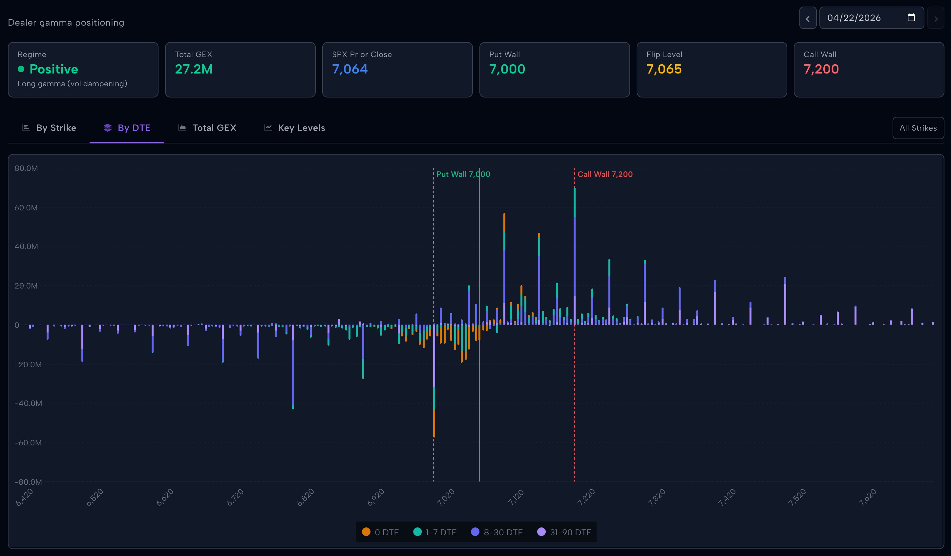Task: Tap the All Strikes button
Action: tap(918, 128)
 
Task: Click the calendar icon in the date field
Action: tap(911, 18)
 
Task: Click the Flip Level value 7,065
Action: tap(664, 69)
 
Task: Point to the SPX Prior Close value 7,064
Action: tap(349, 69)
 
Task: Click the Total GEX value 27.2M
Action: tap(194, 69)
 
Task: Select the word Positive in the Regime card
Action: tap(53, 69)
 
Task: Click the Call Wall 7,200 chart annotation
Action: tap(604, 174)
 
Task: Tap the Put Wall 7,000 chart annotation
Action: tap(463, 174)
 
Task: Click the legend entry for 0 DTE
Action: tap(380, 532)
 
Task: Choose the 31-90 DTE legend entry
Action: tap(564, 532)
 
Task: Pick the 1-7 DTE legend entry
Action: tap(435, 532)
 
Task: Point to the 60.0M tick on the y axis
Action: tap(26, 208)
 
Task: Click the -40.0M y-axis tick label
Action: tap(28, 403)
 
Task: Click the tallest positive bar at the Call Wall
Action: tap(574, 257)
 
